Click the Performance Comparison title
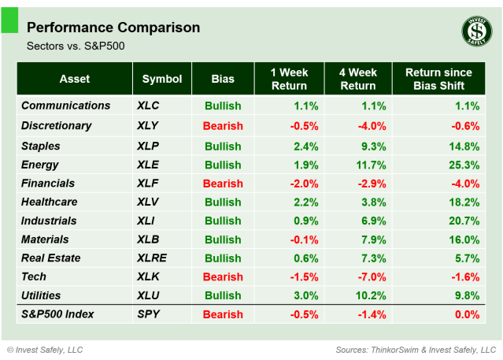click(x=113, y=28)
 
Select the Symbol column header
click(x=162, y=79)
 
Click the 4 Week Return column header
click(x=357, y=79)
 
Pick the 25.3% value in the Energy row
click(x=464, y=165)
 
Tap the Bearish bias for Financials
click(x=223, y=184)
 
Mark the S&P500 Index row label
click(x=57, y=314)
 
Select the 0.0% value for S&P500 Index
click(x=467, y=314)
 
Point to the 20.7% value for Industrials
click(x=464, y=221)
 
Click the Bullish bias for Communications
click(x=223, y=106)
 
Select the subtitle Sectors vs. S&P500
click(x=76, y=46)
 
